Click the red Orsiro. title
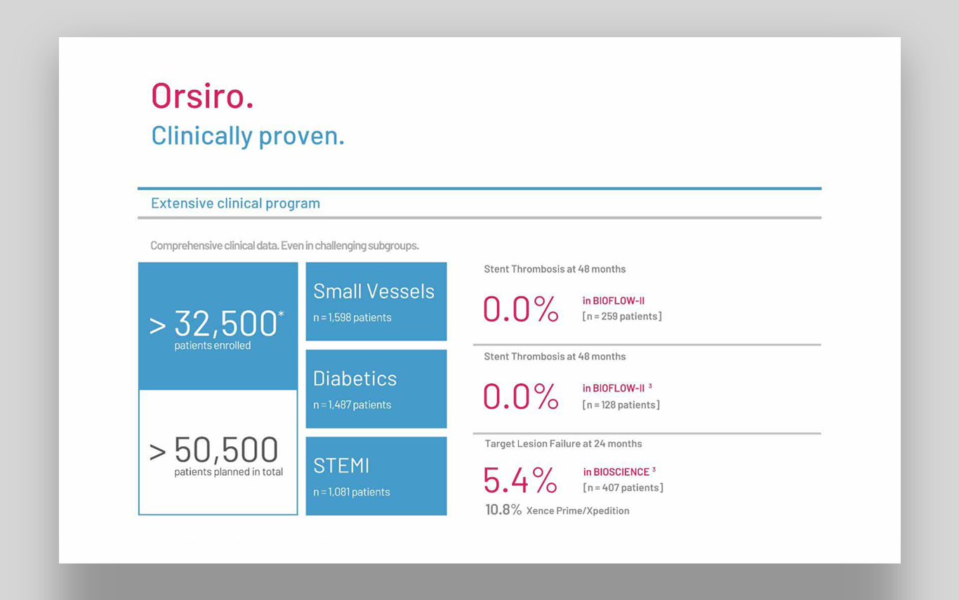[x=202, y=95]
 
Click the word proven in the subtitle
[x=301, y=137]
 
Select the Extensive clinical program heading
[x=235, y=204]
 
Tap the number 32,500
[x=225, y=324]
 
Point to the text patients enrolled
[x=212, y=346]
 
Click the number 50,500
[x=226, y=450]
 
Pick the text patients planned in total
[x=229, y=472]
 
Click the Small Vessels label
[x=373, y=291]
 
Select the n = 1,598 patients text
[x=352, y=318]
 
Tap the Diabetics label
[x=355, y=379]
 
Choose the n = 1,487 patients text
[x=352, y=405]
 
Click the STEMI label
[x=341, y=466]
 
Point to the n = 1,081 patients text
[x=352, y=492]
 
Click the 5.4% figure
[x=520, y=480]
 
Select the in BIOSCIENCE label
[x=616, y=472]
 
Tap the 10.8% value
[x=503, y=509]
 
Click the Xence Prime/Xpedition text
[x=578, y=511]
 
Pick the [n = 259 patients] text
[x=622, y=316]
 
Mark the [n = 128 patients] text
[x=621, y=405]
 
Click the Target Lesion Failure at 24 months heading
[x=564, y=444]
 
